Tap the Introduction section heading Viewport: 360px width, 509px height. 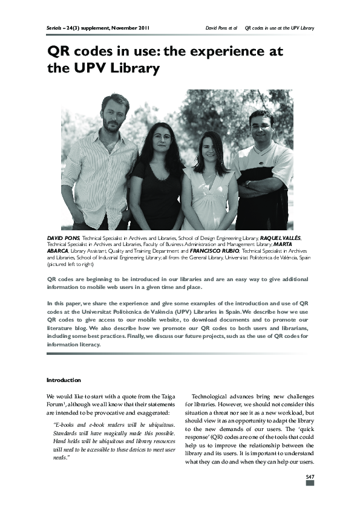click(x=64, y=380)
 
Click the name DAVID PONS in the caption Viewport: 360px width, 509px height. click(x=63, y=239)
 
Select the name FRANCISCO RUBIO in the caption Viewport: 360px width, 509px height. click(x=214, y=250)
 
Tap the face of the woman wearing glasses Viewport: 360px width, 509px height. click(x=160, y=137)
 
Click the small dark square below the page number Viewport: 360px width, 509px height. click(x=310, y=483)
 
